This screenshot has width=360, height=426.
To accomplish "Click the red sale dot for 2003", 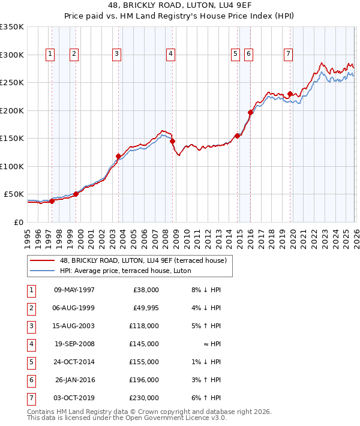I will click(x=118, y=156).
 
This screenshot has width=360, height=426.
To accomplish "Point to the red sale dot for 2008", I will click(x=172, y=141).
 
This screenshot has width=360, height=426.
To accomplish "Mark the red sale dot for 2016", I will click(x=250, y=112).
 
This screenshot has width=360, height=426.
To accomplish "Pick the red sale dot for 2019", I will click(x=290, y=94).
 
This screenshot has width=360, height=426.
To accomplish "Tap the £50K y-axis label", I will click(x=14, y=194).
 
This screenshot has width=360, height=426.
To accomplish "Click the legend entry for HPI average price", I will click(x=125, y=271).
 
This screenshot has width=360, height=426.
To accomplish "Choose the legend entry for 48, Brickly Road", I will click(x=143, y=260).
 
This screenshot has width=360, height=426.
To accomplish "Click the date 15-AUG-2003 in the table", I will click(x=74, y=326).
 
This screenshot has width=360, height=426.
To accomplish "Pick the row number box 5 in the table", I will click(x=30, y=362).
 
